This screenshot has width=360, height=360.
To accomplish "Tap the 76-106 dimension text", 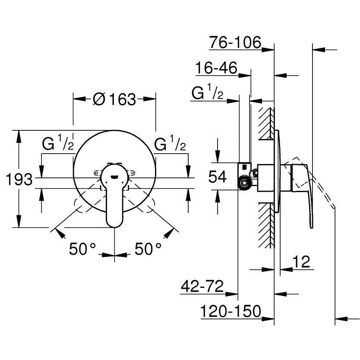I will [235, 43].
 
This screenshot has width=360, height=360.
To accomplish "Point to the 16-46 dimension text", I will [217, 68].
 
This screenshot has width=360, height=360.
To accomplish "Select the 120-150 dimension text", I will [231, 311].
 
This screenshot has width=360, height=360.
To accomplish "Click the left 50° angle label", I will [83, 249].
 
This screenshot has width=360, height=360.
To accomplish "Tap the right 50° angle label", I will [148, 249].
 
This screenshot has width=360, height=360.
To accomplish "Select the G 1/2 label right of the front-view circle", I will [171, 144].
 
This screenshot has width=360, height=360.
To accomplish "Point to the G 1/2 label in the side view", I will [207, 93].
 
